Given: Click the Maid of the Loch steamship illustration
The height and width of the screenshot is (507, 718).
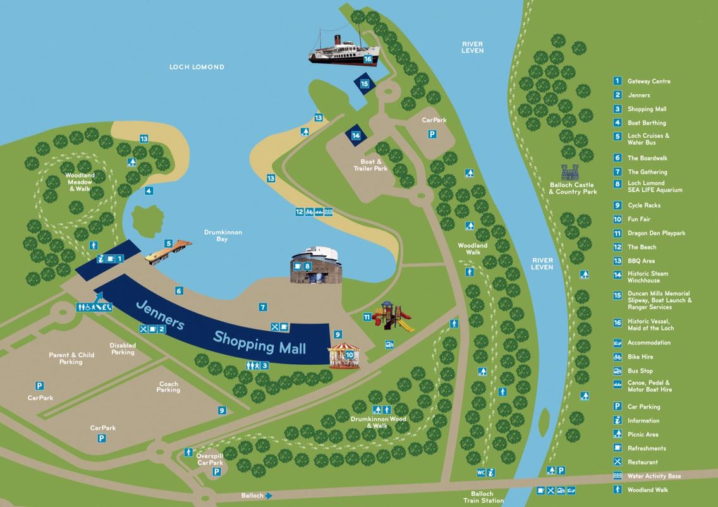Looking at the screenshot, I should click(x=343, y=52).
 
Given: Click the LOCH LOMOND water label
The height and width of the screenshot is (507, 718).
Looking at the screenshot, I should click(x=197, y=67).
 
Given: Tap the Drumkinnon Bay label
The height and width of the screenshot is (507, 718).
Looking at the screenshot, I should click(x=222, y=236).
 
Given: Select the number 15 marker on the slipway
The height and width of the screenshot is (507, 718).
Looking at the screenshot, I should click(x=364, y=83).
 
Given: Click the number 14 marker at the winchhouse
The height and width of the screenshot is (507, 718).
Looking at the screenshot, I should click(x=356, y=135).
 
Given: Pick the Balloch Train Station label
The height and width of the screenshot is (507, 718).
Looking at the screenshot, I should click(x=487, y=497).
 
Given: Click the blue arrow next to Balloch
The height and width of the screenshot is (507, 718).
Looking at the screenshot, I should click(x=269, y=496).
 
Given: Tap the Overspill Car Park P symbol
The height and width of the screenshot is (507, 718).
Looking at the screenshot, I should click(x=217, y=472).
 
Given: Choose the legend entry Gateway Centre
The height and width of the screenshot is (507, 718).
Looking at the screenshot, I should click(x=648, y=81).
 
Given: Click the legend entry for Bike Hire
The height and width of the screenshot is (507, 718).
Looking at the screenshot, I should click(x=640, y=357).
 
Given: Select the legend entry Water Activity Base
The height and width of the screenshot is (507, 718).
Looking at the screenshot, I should click(x=654, y=476).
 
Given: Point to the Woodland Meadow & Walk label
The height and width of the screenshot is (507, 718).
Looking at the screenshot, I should click(x=80, y=182).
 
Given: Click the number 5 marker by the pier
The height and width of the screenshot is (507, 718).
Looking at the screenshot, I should click(x=169, y=243).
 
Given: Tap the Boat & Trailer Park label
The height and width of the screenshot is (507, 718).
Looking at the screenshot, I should click(x=370, y=165).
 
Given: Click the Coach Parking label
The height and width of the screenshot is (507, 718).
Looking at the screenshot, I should click(x=168, y=387).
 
